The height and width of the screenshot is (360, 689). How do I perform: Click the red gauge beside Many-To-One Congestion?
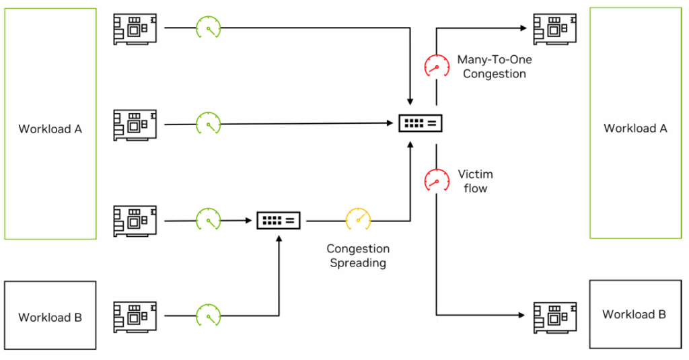point(436,66)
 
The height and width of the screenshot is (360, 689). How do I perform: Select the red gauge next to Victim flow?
point(436,180)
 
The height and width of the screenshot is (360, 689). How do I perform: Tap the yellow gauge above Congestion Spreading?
point(358,219)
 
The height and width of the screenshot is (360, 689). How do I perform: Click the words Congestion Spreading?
point(357,256)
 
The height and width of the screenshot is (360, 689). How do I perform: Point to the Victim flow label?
point(475,181)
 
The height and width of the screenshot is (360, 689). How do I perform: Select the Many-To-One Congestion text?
point(494,67)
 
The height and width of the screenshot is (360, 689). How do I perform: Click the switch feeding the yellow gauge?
point(279,219)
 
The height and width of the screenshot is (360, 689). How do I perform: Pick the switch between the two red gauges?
point(421,123)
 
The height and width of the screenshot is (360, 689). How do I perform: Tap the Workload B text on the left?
point(50,317)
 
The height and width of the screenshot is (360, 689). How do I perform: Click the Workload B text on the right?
point(634,314)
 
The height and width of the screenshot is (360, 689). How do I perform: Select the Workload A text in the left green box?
point(50,129)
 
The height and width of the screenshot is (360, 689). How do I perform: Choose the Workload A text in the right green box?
point(635,128)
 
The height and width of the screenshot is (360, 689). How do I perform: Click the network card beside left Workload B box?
point(135,316)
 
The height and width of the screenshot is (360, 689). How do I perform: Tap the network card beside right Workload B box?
point(555,316)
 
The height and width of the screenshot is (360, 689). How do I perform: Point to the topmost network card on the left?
point(135,29)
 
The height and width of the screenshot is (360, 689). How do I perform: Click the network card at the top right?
point(555,29)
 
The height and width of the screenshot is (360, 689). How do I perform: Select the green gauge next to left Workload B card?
point(208,315)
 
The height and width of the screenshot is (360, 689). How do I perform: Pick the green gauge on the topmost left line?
point(208,28)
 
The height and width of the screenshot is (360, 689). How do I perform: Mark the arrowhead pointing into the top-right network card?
point(523,28)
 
